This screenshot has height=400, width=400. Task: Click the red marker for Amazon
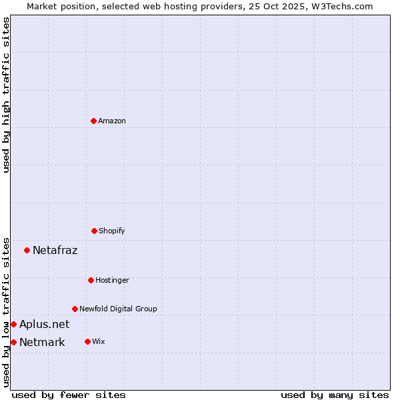(x=94, y=121)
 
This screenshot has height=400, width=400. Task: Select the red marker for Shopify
(x=94, y=231)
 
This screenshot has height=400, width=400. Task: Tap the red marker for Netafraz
(x=27, y=250)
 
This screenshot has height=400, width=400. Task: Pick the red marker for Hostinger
(x=91, y=280)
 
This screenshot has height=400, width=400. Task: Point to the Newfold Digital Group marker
(x=75, y=309)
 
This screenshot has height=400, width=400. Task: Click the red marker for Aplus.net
(x=13, y=324)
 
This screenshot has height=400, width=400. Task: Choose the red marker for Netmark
(x=13, y=342)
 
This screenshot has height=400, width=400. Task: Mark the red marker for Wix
(x=87, y=341)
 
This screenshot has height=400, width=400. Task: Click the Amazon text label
(x=112, y=121)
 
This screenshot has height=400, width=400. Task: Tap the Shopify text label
(x=112, y=231)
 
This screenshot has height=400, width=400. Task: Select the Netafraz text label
(x=55, y=251)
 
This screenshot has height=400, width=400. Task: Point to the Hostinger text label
(x=112, y=280)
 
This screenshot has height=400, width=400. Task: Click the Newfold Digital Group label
(x=118, y=309)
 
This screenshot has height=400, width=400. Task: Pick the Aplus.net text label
(x=44, y=325)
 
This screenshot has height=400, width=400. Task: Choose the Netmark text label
(x=42, y=343)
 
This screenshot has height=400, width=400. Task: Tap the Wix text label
(x=99, y=341)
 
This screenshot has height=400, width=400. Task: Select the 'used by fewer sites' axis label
(x=69, y=395)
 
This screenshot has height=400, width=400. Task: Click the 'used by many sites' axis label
(x=335, y=395)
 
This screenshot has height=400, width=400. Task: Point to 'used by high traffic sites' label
(x=6, y=95)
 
